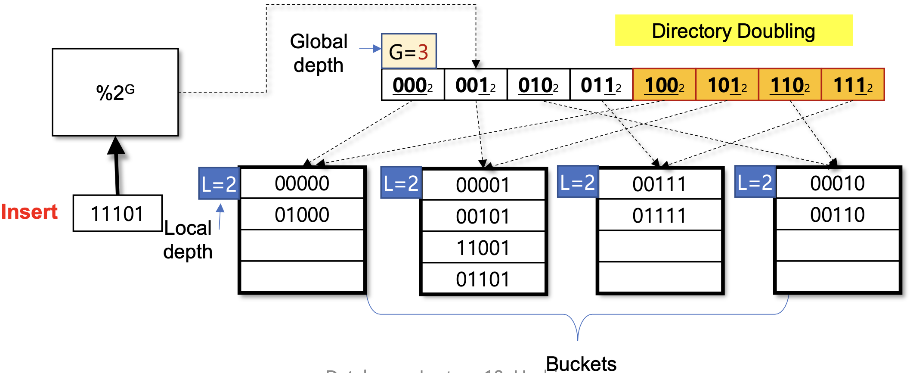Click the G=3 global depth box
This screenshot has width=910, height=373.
point(409,51)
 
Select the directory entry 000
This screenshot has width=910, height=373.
point(412,85)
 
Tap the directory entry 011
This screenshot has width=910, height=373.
point(601,85)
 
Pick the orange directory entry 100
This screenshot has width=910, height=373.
point(664,85)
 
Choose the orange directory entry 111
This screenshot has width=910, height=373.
point(853,85)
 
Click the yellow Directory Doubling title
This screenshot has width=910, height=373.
point(734,31)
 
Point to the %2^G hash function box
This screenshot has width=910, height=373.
point(115,92)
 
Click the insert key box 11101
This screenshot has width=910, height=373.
point(117,213)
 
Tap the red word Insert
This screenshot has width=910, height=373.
point(29,212)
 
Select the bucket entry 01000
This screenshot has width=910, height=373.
point(302,214)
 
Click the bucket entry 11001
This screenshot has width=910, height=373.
point(483,248)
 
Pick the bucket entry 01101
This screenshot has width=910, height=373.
point(483,279)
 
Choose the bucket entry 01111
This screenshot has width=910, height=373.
point(659,215)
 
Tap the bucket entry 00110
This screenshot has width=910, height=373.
point(837,214)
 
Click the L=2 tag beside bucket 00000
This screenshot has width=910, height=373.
point(219,184)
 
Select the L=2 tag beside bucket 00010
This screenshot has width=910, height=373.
point(755,182)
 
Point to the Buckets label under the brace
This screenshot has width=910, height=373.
point(581,364)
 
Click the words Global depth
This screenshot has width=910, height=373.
point(319,53)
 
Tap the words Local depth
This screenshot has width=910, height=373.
point(188,240)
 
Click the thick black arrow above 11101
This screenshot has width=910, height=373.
point(116,166)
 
